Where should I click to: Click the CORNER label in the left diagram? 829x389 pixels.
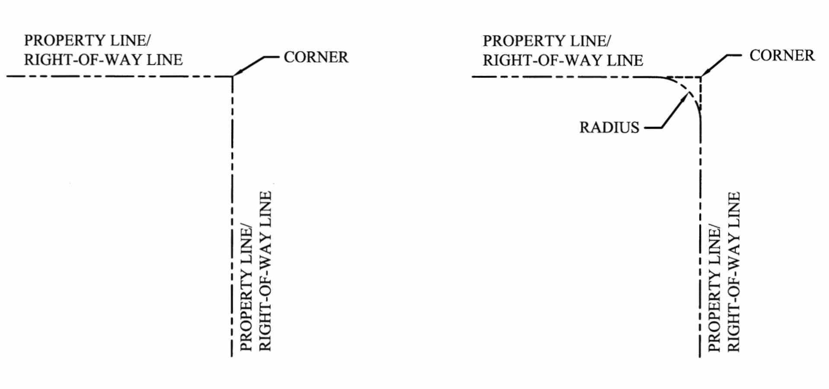[x=316, y=57]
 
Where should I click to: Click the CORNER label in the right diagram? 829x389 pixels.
[x=781, y=56]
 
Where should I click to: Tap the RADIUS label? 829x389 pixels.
[x=609, y=128]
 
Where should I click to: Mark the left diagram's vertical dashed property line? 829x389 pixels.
[x=232, y=216]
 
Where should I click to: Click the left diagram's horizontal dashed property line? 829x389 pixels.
[x=121, y=76]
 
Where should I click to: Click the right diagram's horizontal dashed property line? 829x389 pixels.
[x=562, y=77]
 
